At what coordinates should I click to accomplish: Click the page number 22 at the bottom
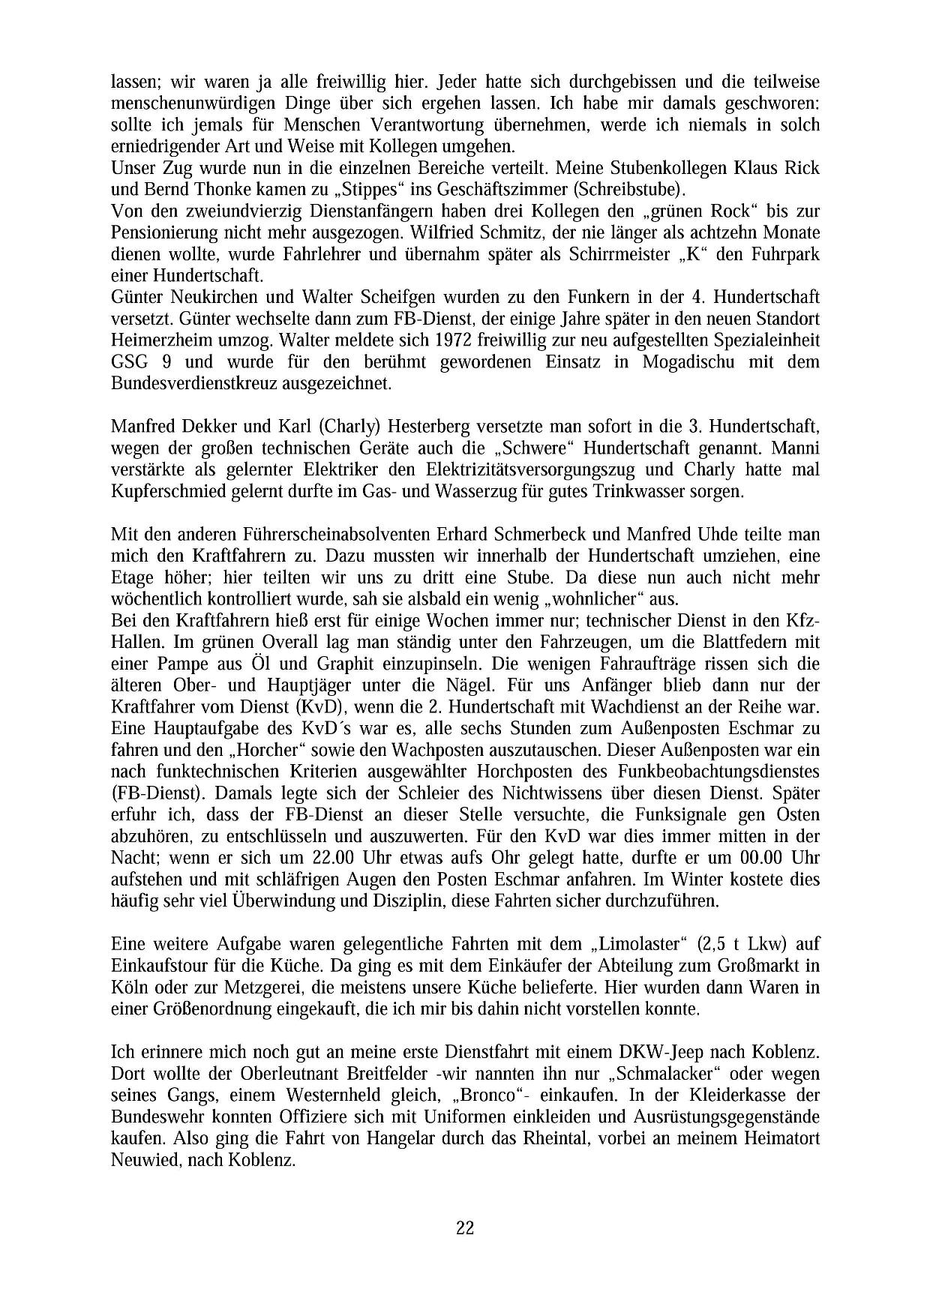[464, 1228]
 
